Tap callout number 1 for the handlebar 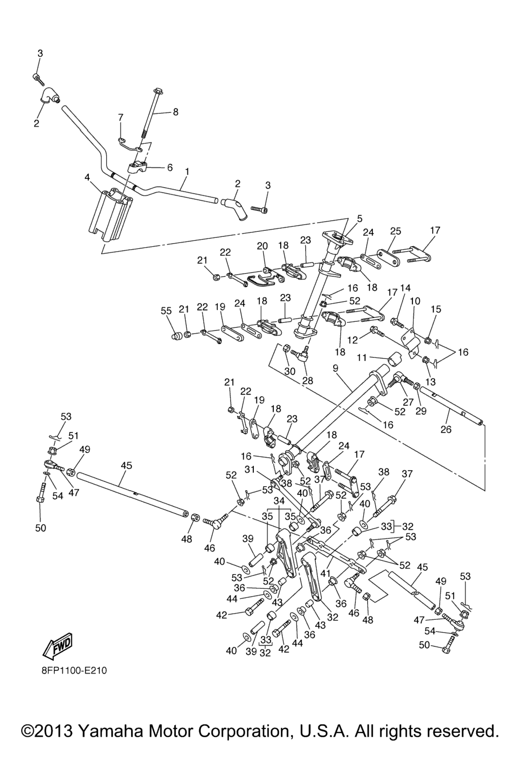(x=187, y=171)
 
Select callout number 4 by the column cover (x=87, y=177)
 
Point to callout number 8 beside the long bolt (x=176, y=112)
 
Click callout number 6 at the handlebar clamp (x=170, y=167)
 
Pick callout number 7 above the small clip (x=120, y=117)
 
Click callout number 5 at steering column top (x=360, y=219)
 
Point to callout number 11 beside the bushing (x=361, y=358)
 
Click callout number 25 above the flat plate (x=395, y=231)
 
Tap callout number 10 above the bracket (x=415, y=301)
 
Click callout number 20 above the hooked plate (x=262, y=246)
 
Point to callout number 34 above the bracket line (x=279, y=501)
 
